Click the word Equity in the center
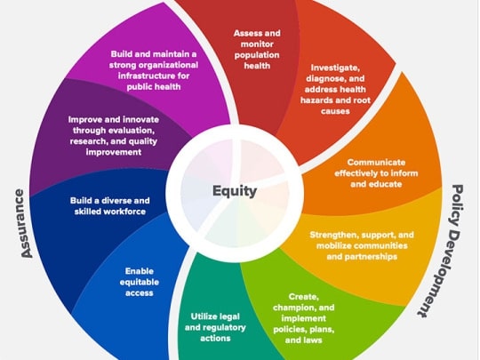click(235, 191)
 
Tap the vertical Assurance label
click(23, 223)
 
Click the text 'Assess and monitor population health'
click(257, 49)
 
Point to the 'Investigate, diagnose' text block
click(335, 90)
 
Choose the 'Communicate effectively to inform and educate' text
click(376, 173)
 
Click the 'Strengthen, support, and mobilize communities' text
click(362, 245)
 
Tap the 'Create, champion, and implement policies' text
click(303, 318)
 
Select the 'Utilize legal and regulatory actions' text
click(215, 327)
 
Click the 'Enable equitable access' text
click(139, 282)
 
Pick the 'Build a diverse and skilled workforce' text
click(110, 206)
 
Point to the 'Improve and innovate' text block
click(113, 136)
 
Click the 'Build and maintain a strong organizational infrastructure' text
click(154, 70)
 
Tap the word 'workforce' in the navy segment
click(125, 212)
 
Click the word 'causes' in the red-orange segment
click(335, 111)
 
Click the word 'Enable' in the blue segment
click(140, 271)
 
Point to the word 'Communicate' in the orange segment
click(376, 163)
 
